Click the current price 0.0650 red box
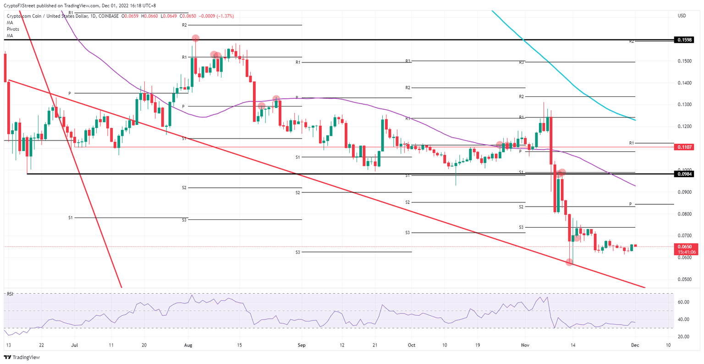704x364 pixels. tap(686, 246)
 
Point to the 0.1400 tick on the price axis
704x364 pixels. tap(684, 83)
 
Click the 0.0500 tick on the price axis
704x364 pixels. tap(684, 279)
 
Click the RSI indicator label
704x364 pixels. tap(10, 293)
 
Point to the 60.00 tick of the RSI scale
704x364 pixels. tap(684, 302)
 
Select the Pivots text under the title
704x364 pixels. tap(13, 29)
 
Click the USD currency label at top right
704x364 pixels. tap(682, 16)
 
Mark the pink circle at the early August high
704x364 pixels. tap(195, 38)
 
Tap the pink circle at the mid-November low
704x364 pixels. tap(569, 262)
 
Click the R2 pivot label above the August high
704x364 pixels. tap(184, 25)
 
